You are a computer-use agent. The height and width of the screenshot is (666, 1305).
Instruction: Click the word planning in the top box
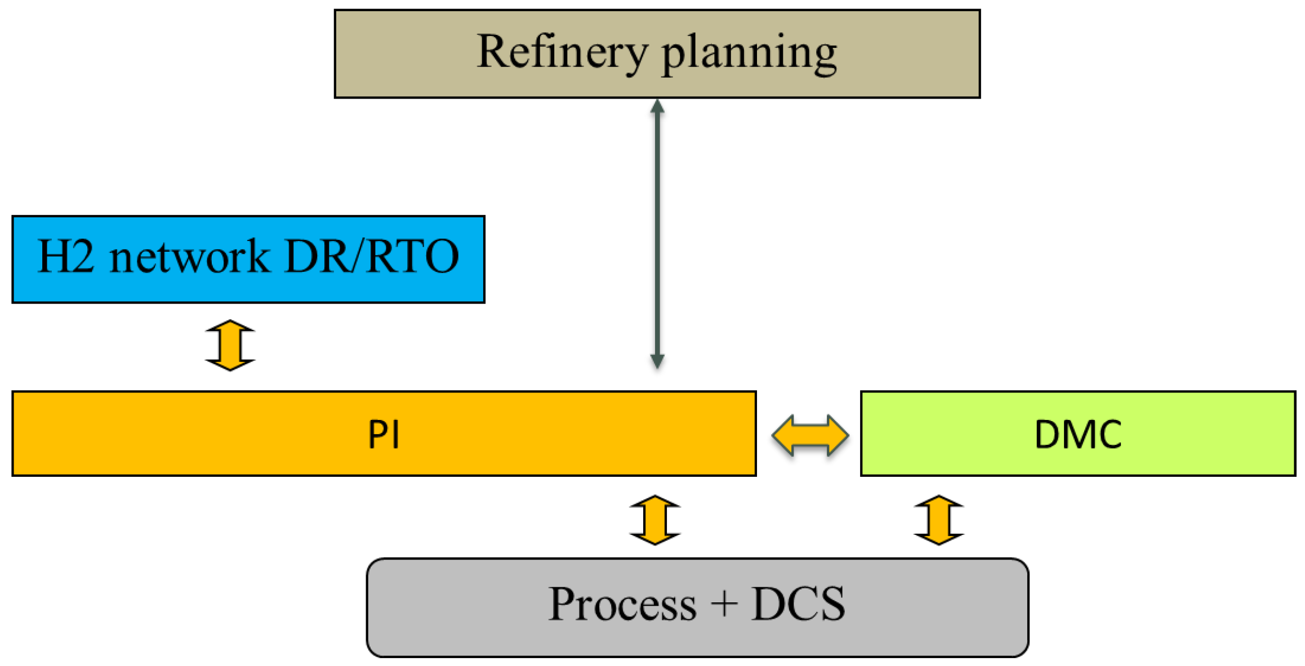[749, 53]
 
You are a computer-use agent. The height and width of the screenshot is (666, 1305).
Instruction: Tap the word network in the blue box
[189, 257]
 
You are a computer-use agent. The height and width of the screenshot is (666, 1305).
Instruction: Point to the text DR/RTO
[372, 256]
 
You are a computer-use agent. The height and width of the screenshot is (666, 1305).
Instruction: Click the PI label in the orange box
[384, 435]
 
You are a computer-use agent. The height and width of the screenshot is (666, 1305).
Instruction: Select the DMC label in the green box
[1077, 435]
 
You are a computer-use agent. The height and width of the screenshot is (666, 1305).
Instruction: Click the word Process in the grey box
[622, 605]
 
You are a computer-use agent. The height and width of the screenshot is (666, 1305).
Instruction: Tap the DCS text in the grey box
[798, 605]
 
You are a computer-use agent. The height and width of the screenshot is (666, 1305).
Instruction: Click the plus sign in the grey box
[724, 604]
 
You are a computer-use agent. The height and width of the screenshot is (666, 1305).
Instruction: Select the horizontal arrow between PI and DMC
[810, 435]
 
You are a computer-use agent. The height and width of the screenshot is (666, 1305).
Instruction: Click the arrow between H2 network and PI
[230, 345]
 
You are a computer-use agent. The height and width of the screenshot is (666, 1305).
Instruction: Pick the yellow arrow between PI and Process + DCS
[654, 520]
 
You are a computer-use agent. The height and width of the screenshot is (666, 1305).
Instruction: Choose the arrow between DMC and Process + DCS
[938, 520]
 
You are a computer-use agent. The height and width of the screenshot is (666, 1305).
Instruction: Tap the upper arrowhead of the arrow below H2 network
[230, 327]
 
